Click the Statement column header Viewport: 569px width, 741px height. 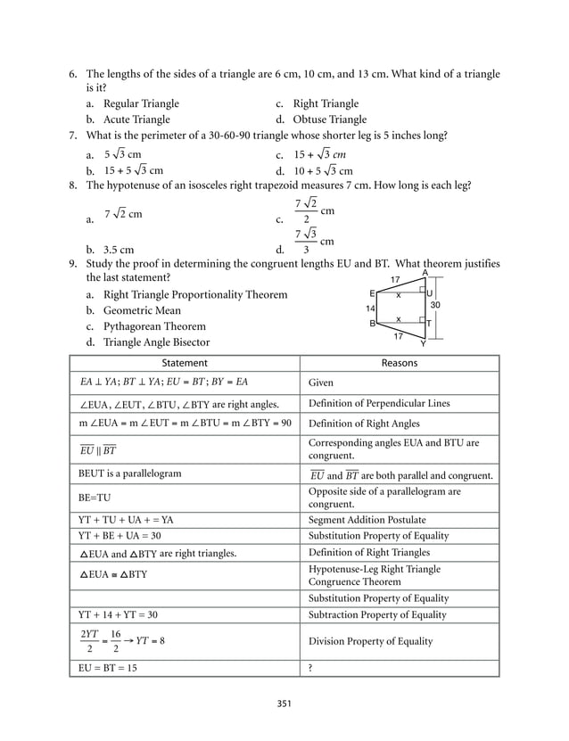pos(185,363)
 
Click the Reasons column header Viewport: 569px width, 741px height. pos(399,363)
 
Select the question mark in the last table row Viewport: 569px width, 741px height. pos(311,668)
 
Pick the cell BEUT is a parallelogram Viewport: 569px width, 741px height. pos(130,474)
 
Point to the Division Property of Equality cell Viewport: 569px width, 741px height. pos(370,640)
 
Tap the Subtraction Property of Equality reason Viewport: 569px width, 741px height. pos(378,614)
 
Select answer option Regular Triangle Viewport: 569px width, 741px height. pos(141,104)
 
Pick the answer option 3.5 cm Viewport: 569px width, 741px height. pos(120,250)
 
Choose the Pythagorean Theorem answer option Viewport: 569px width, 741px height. pos(154,326)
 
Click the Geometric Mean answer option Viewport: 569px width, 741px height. pos(142,310)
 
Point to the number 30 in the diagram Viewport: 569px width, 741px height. pos(435,304)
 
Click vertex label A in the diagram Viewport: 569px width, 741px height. pos(425,274)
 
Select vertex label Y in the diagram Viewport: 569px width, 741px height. pos(423,343)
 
